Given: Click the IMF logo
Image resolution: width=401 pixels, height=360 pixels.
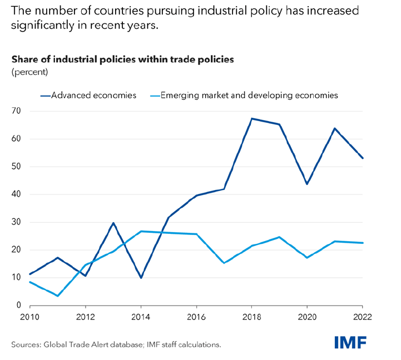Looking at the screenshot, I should click(x=350, y=343).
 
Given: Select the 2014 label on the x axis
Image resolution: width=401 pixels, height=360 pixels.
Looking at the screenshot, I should click(x=141, y=318).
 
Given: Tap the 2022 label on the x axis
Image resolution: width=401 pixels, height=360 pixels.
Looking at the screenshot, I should click(x=362, y=318).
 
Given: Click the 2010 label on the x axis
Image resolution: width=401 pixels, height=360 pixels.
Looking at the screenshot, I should click(x=30, y=318).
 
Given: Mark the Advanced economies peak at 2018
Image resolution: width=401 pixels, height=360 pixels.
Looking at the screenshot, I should click(x=252, y=118).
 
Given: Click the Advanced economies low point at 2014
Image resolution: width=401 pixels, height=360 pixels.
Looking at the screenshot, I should click(x=141, y=278).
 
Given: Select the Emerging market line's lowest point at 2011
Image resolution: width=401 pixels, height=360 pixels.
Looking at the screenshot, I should click(x=58, y=296).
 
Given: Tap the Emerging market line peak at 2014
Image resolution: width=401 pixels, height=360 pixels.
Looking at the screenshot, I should click(x=141, y=231).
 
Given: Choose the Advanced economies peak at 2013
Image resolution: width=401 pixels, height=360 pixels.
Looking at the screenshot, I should click(x=113, y=223).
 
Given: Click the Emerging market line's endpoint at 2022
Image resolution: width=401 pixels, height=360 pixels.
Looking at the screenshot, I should click(x=363, y=243).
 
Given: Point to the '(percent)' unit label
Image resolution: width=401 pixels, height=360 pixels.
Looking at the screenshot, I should click(x=29, y=72).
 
